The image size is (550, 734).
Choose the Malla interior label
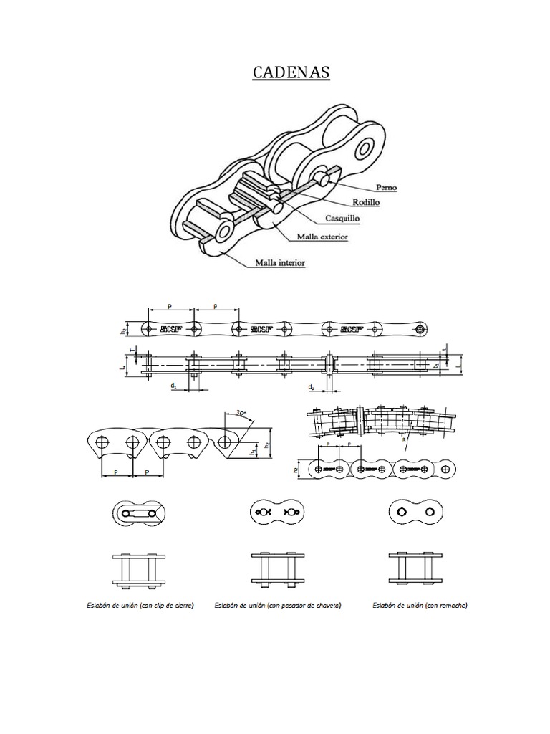click(x=280, y=263)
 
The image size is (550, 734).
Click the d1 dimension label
click(x=174, y=386)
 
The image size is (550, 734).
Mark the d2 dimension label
click(x=311, y=386)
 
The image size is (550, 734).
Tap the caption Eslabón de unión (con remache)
click(x=420, y=606)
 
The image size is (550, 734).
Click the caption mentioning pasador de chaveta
click(x=277, y=606)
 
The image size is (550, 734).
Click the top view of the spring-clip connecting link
click(x=139, y=513)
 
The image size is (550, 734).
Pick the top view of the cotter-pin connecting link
click(x=276, y=512)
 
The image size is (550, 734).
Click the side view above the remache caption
click(x=415, y=568)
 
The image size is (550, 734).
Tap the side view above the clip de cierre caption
click(x=139, y=568)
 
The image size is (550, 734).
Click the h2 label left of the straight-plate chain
click(x=122, y=330)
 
